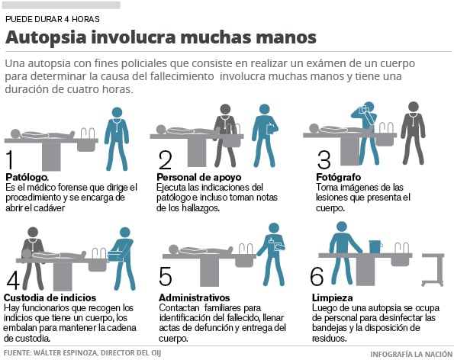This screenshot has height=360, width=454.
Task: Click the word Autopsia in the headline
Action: point(46,38)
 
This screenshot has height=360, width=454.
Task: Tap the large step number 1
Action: point(10,159)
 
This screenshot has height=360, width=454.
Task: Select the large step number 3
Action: point(324,159)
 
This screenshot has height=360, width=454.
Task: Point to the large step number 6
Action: point(317,276)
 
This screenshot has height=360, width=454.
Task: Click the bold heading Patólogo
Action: point(27,177)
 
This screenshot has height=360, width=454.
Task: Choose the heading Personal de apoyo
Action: point(199,177)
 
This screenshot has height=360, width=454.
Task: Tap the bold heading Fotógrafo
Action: point(339,177)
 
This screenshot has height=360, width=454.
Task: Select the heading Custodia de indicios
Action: point(50,297)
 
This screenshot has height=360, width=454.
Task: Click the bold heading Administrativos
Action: point(195,297)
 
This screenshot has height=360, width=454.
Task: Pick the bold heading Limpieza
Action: point(333,297)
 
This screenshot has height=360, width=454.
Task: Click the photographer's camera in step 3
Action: point(362,110)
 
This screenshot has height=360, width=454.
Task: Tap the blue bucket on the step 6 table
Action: point(375,246)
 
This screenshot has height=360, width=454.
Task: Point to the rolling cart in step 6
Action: point(433,269)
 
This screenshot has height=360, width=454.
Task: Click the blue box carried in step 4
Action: point(115,257)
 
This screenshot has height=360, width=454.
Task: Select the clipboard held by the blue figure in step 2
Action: point(270,128)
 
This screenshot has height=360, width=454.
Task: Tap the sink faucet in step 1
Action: point(88,133)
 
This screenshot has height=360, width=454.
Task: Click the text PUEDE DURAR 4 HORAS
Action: point(53,19)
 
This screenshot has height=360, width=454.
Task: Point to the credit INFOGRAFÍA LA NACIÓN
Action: point(411,354)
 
